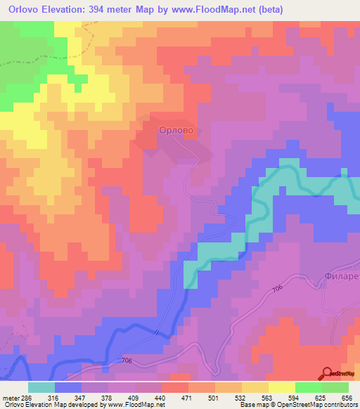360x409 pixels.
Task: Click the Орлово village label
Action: [x=176, y=130]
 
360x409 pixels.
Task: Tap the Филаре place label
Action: [x=342, y=275]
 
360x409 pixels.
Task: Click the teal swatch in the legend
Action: [x=41, y=387]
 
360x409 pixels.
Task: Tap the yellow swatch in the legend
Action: [x=281, y=387]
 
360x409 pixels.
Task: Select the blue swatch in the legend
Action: [x=68, y=387]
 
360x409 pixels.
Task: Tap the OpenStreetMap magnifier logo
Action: [x=328, y=373]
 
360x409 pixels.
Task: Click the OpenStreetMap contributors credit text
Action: [x=320, y=405]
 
